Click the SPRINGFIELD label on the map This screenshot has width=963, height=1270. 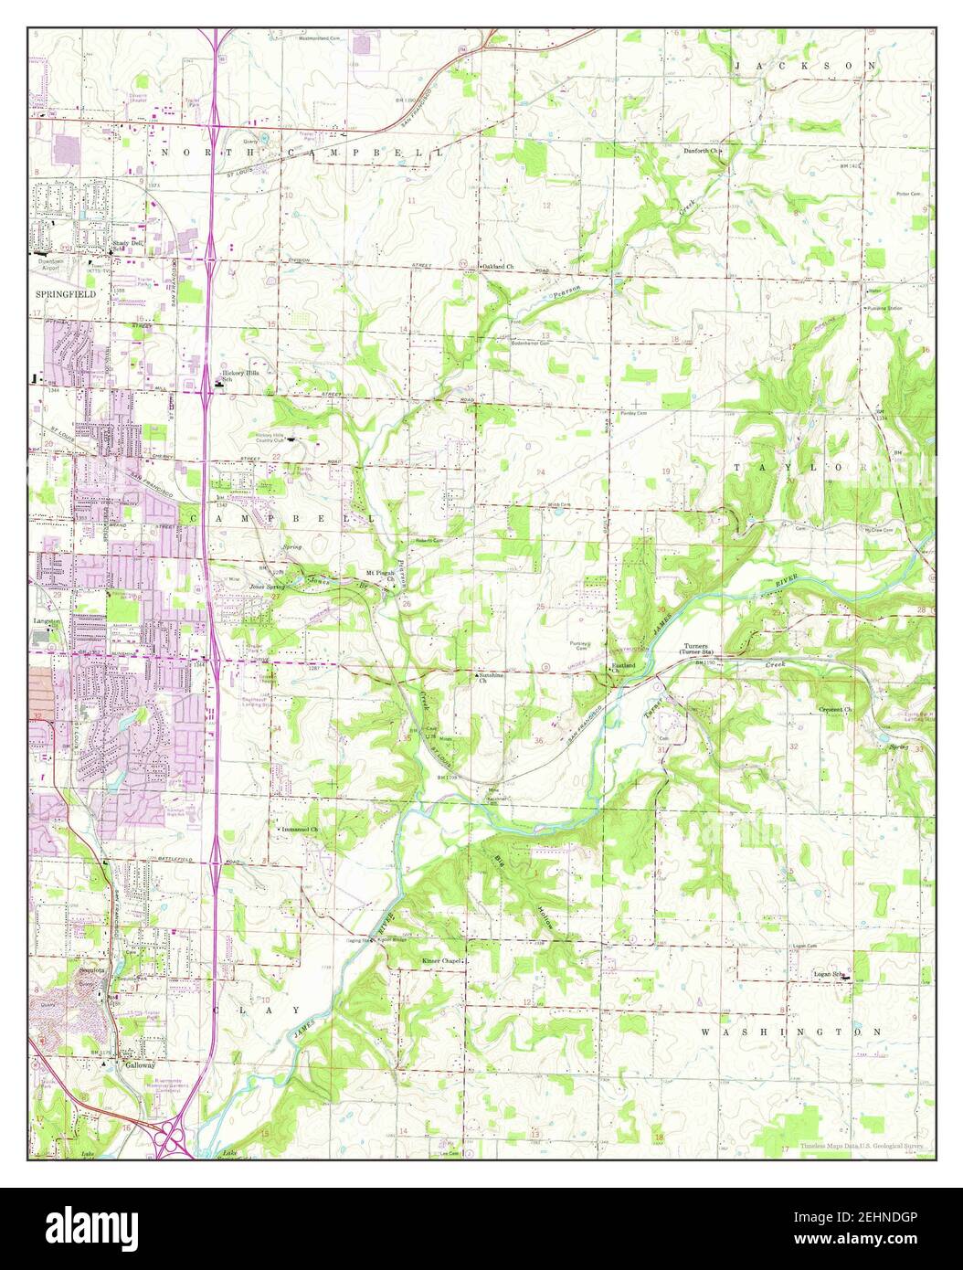(x=65, y=295)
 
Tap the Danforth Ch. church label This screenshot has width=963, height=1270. (x=702, y=150)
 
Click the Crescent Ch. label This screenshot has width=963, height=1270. (x=835, y=709)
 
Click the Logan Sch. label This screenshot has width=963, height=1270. (x=831, y=975)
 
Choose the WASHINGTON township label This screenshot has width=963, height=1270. (x=791, y=1031)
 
